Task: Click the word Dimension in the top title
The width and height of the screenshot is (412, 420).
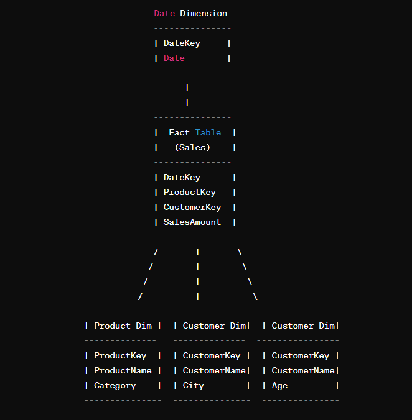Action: point(204,13)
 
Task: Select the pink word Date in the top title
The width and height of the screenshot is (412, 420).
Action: point(164,13)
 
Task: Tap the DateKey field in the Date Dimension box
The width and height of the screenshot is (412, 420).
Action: point(182,43)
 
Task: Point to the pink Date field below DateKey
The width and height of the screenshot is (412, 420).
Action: point(174,58)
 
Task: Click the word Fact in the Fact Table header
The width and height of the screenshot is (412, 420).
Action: point(179,132)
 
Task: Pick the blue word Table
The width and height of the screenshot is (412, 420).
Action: point(208,132)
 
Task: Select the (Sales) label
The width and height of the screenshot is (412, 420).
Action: point(192,147)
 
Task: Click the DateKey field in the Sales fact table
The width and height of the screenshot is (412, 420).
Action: point(182,178)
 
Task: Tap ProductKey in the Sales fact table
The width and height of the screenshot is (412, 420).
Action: point(190,193)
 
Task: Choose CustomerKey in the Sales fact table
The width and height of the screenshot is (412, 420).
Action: point(192,208)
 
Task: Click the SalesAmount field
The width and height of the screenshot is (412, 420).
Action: point(192,222)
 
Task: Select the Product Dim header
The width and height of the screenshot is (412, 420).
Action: point(123,326)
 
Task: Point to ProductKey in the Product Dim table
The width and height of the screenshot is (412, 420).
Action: point(120,356)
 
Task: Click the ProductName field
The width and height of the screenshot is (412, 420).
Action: point(123,371)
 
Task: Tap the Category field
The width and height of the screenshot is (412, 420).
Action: point(115,386)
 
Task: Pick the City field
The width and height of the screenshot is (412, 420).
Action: point(193,386)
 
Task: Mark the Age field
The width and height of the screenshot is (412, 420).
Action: point(279,386)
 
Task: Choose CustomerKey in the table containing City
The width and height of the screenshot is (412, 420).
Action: point(212,356)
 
